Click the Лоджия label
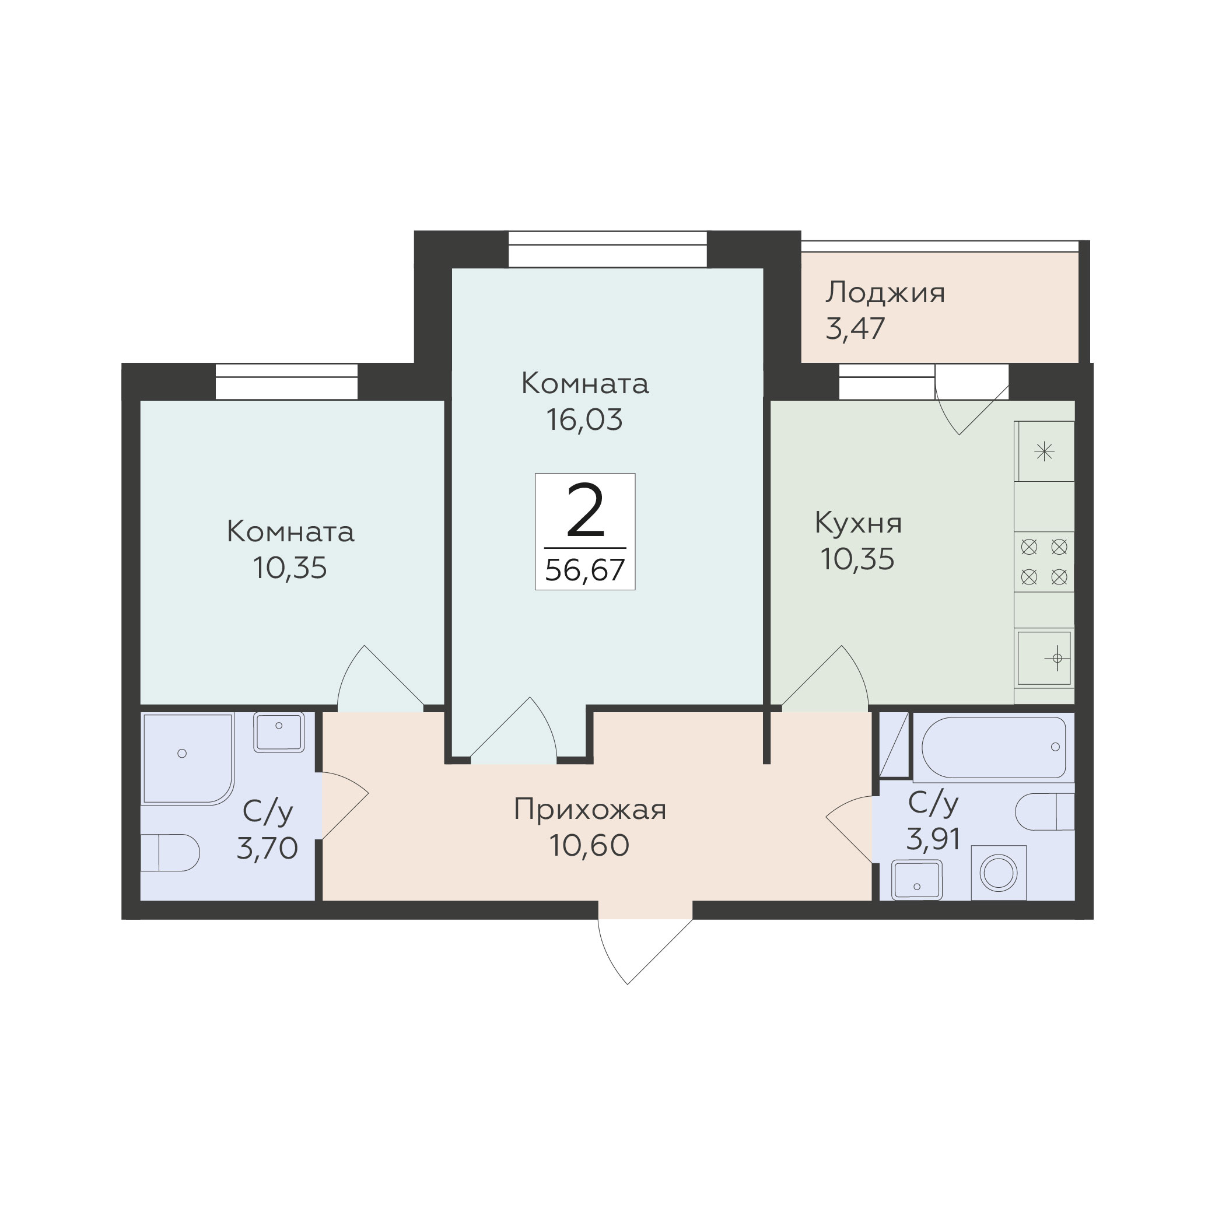(885, 293)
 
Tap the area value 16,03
(584, 419)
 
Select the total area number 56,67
(585, 570)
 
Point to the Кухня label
(859, 523)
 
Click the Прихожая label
(590, 810)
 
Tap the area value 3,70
(267, 848)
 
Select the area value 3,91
(933, 838)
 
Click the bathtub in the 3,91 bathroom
(993, 747)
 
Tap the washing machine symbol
(999, 873)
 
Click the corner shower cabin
(188, 758)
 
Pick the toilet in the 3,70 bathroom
(170, 853)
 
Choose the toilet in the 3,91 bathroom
(1045, 811)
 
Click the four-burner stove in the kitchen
(1044, 562)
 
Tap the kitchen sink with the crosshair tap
(1044, 658)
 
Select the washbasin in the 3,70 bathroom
(279, 732)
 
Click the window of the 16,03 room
(608, 250)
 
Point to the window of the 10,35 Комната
(287, 381)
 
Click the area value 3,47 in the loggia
(855, 328)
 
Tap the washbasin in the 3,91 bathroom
(916, 880)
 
